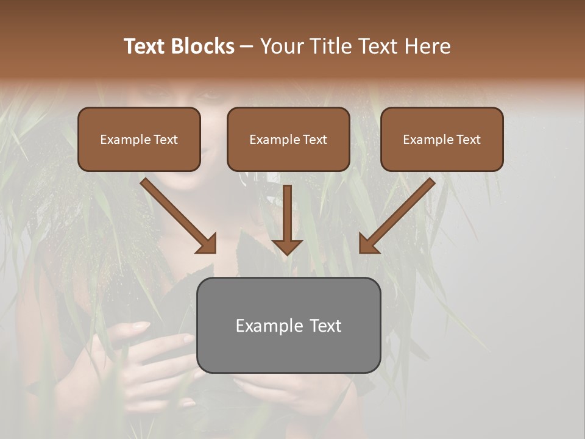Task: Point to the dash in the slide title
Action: click(247, 46)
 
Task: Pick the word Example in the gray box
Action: click(268, 326)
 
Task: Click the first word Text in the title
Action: click(145, 46)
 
